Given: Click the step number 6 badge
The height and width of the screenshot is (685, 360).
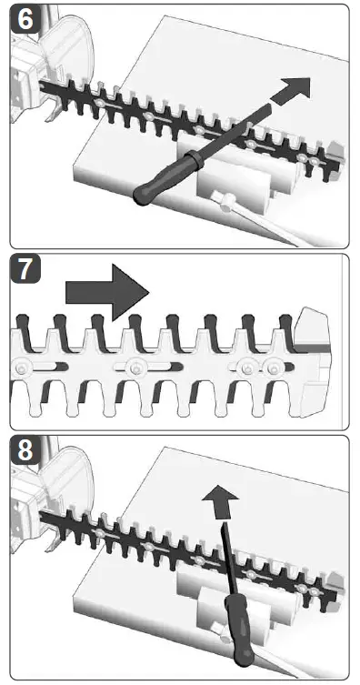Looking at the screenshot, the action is [x=25, y=18].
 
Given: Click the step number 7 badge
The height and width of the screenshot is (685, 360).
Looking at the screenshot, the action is [x=25, y=268].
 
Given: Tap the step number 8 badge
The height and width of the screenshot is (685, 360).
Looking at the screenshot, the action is [x=25, y=450].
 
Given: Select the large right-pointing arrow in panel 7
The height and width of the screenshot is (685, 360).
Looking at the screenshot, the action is [x=107, y=292].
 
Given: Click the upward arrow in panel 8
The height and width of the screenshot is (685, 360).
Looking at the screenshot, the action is [x=220, y=503].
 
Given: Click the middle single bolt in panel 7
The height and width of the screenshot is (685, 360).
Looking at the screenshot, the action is [x=134, y=369].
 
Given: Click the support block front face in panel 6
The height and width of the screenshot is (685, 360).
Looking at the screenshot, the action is [x=231, y=191].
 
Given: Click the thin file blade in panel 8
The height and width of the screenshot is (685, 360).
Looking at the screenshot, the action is [x=227, y=560].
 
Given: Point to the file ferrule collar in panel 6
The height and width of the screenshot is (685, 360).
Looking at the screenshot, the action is [x=195, y=157].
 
